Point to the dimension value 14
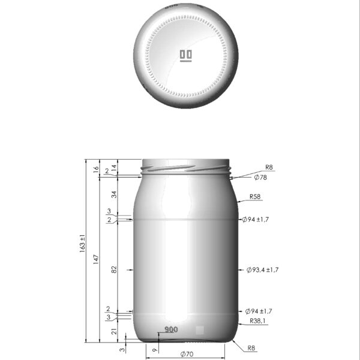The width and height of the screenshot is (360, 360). tap(115, 170)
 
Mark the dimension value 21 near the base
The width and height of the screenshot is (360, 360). tap(115, 331)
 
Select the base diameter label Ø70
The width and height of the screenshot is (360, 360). tap(187, 355)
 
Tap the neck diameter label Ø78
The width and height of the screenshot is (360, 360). tap(260, 178)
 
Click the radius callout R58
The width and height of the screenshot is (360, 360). tap(256, 197)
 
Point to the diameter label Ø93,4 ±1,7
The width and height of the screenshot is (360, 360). tap(262, 270)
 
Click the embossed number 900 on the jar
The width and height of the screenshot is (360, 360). tap(171, 330)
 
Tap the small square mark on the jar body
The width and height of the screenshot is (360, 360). tap(200, 329)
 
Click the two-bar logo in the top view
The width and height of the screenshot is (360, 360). tap(186, 56)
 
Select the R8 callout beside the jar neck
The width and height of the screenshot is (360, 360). tap(269, 168)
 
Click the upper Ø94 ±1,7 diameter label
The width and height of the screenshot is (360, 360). tap(257, 220)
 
